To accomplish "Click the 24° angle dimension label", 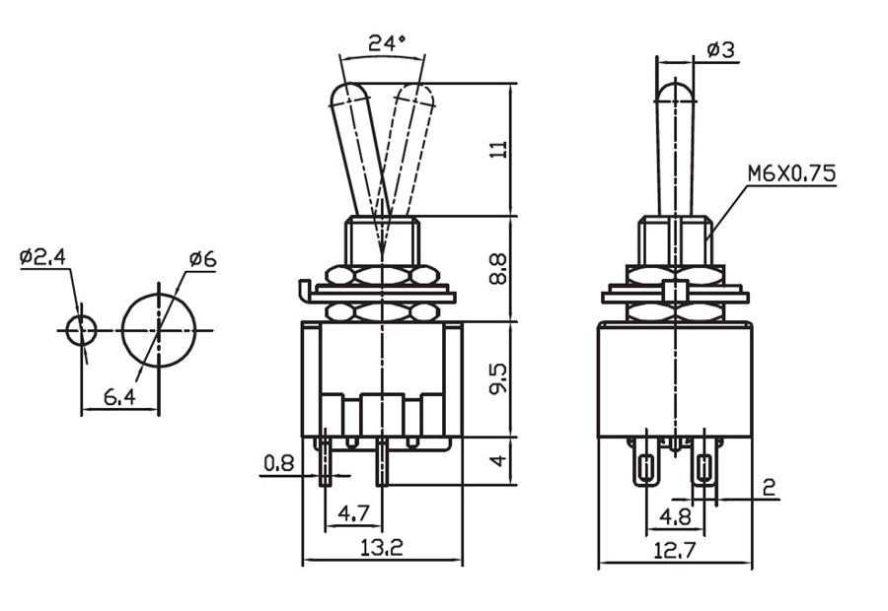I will pyautogui.click(x=387, y=43).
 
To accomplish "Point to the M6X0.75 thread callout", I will pyautogui.click(x=790, y=173).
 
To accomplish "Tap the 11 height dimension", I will pyautogui.click(x=499, y=149).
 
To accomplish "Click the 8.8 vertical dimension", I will pyautogui.click(x=499, y=269).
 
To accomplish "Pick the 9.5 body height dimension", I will pyautogui.click(x=499, y=378).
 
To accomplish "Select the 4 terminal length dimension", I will pyautogui.click(x=499, y=460).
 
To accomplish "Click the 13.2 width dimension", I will pyautogui.click(x=382, y=548).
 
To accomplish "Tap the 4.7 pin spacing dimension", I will pyautogui.click(x=354, y=513).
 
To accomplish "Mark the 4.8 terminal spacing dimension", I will pyautogui.click(x=675, y=515).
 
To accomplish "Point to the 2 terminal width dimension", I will pyautogui.click(x=770, y=486).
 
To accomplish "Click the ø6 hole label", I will pyautogui.click(x=202, y=260).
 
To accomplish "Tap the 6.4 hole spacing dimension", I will pyautogui.click(x=118, y=397).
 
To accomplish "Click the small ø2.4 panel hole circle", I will pyautogui.click(x=82, y=329).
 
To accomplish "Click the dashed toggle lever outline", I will pyautogui.click(x=407, y=148).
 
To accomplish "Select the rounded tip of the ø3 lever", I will pyautogui.click(x=675, y=91).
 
